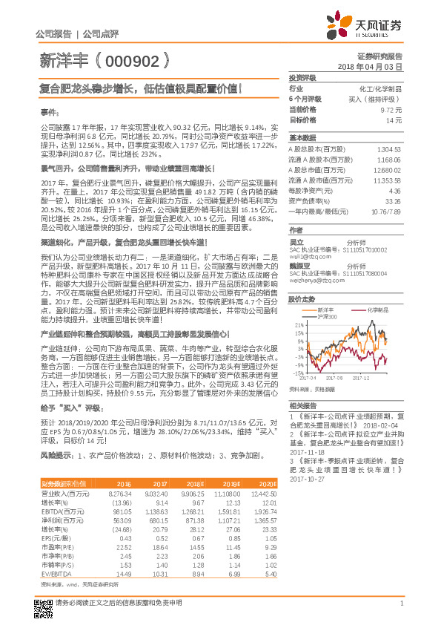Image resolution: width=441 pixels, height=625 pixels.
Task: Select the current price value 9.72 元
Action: click(391, 108)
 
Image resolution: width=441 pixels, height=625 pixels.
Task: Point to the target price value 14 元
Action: click(394, 119)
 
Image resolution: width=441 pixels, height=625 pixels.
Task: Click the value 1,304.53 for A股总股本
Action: click(389, 149)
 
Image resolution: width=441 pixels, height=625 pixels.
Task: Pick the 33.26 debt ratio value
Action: click(394, 200)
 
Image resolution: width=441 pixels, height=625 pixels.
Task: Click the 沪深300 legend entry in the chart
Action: click(327, 317)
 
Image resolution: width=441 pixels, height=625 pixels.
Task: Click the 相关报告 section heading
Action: click(302, 405)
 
